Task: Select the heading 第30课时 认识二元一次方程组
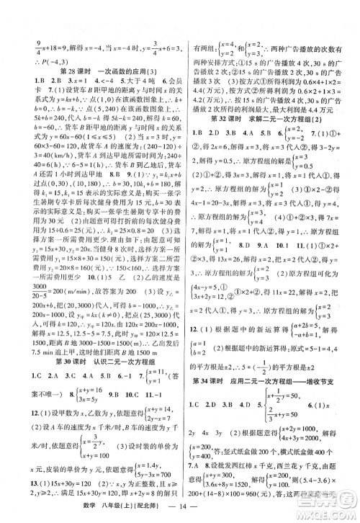pos(100,314)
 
